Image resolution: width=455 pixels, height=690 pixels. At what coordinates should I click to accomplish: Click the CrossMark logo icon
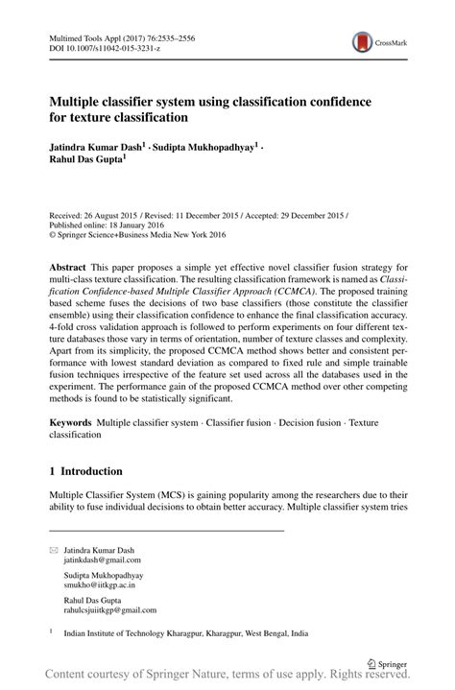[362, 41]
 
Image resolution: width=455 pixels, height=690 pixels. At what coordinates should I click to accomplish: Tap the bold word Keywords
[71, 423]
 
